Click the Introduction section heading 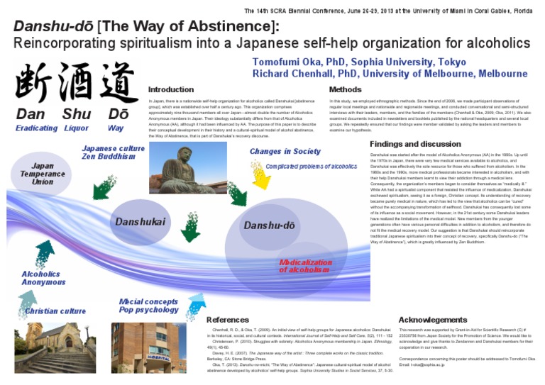coord(170,90)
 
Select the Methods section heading coord(346,90)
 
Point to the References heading coord(228,320)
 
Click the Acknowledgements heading coord(433,320)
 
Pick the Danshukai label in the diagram coord(141,221)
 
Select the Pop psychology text coord(149,310)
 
